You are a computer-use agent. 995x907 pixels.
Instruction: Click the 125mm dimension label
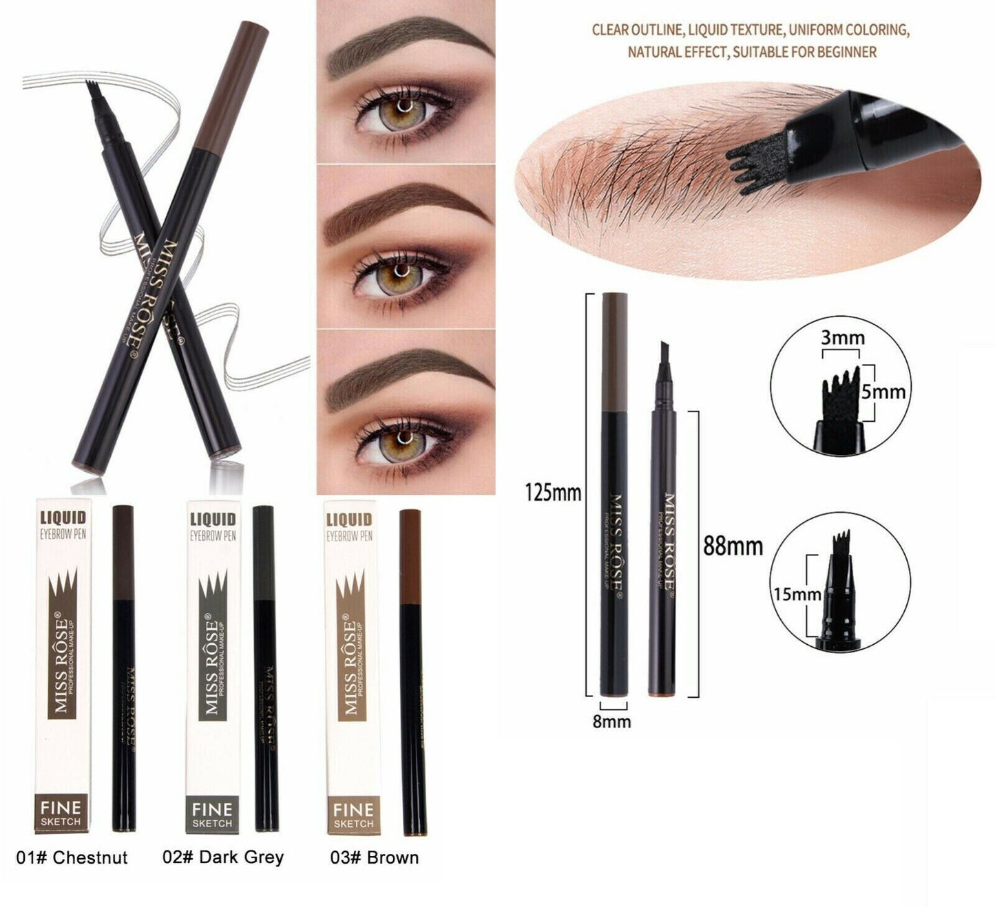553,493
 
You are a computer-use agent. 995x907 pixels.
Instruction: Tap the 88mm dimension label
733,546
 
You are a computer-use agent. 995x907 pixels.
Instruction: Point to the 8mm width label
611,721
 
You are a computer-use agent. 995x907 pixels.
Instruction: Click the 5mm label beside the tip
883,392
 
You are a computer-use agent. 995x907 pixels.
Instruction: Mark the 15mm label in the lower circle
797,593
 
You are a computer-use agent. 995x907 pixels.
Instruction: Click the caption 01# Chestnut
72,857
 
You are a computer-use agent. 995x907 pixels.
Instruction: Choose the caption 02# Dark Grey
223,857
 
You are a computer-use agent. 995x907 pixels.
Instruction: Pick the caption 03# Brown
375,857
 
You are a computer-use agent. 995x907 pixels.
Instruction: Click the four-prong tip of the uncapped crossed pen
92,92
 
